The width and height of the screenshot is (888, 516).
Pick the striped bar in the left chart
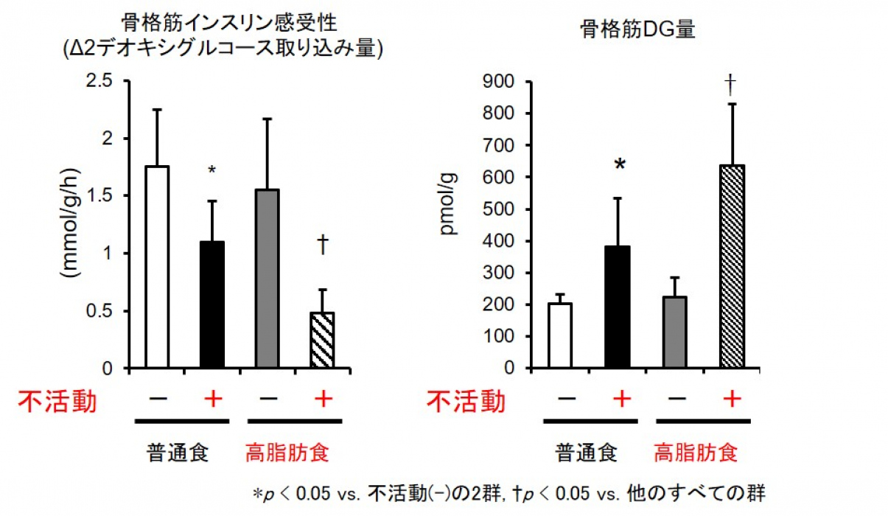point(322,340)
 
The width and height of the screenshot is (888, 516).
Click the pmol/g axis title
point(449,203)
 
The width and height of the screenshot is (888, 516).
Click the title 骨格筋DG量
point(638,30)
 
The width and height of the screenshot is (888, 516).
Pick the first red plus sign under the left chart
point(212,400)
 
